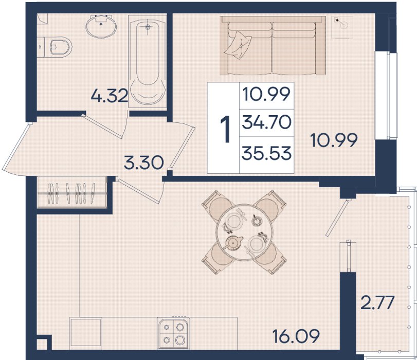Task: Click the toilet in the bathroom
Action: pos(58,47)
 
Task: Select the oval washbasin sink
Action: pos(101,26)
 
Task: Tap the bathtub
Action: pos(148,61)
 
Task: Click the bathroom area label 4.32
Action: pos(110,96)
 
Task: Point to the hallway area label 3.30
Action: pos(143,163)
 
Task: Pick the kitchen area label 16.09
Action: pos(296,336)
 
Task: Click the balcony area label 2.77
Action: pos(377,303)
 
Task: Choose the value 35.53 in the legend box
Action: pos(266,154)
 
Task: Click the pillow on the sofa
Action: pos(238,44)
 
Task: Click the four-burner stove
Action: pos(173,333)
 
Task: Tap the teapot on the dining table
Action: pos(233,242)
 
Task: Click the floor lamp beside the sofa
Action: pos(342,27)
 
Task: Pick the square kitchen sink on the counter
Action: pos(86,333)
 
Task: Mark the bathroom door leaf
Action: pos(102,127)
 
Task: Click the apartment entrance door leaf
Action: pos(15,147)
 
